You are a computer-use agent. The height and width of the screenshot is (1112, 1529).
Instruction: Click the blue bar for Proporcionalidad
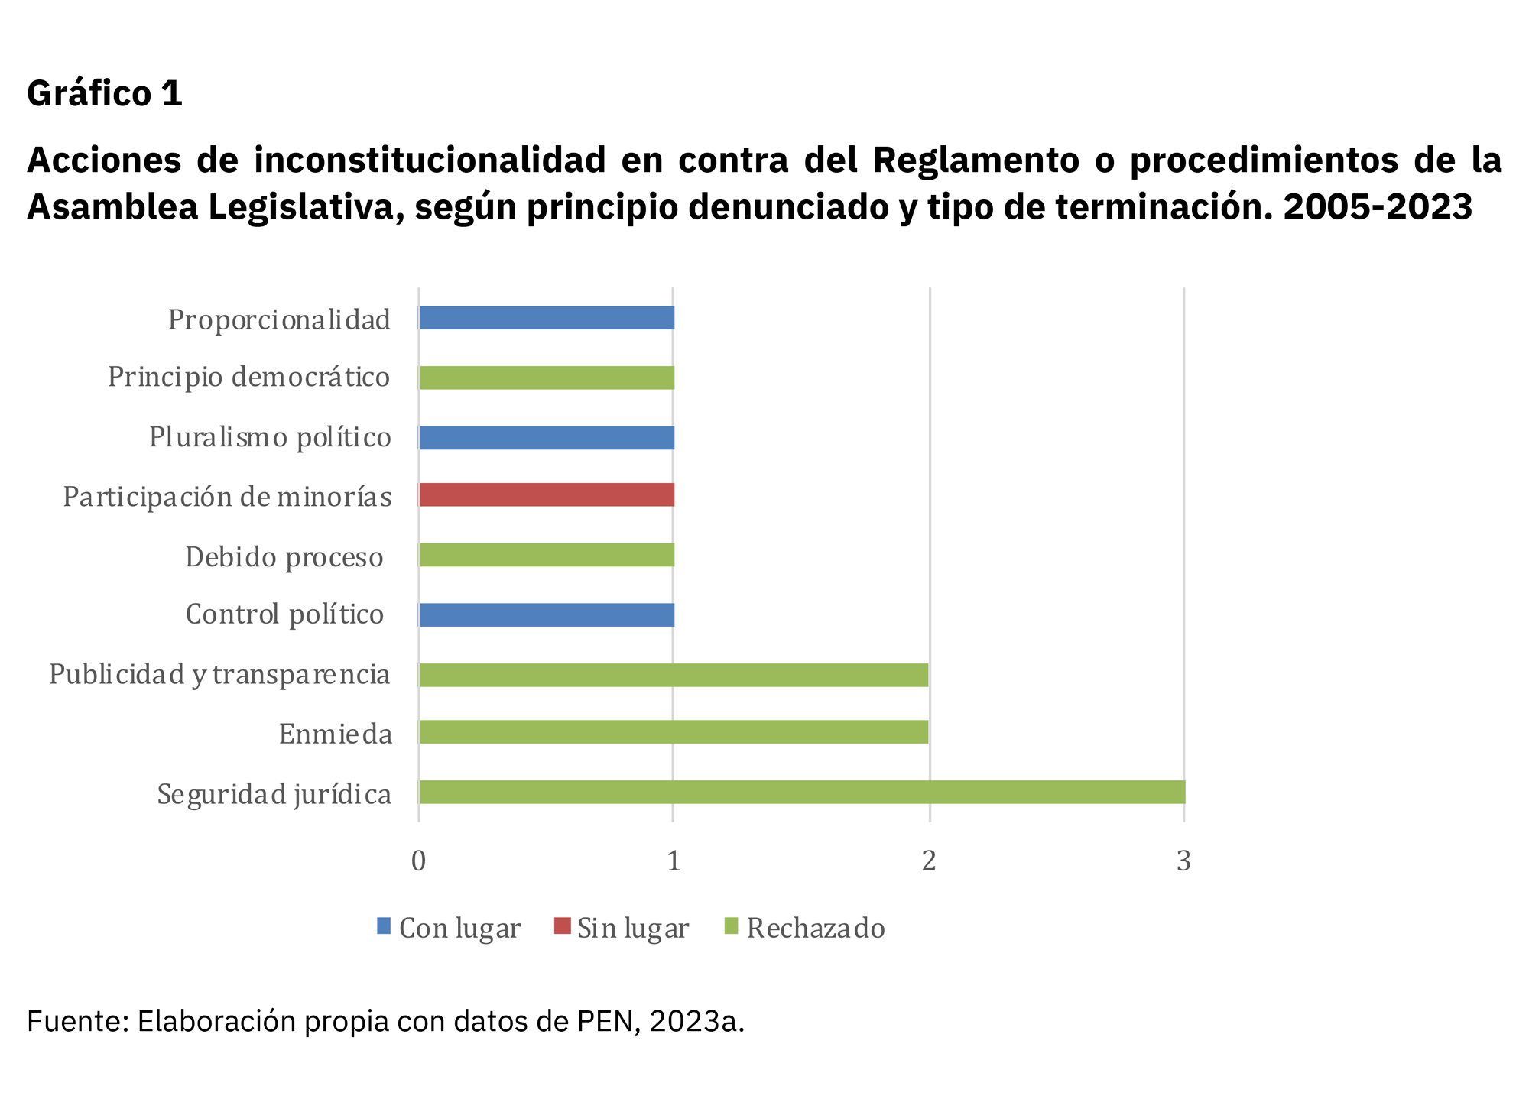pyautogui.click(x=547, y=318)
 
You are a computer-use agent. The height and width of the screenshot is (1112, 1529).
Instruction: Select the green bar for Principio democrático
pyautogui.click(x=547, y=378)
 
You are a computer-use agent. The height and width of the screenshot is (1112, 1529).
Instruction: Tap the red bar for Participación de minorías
pyautogui.click(x=547, y=495)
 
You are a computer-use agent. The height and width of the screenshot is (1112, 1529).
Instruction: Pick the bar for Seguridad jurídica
pyautogui.click(x=801, y=793)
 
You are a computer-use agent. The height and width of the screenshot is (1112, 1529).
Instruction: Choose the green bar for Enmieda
pyautogui.click(x=674, y=732)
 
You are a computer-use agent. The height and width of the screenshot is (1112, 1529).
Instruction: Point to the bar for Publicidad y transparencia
pyautogui.click(x=674, y=675)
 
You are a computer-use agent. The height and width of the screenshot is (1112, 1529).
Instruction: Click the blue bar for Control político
pyautogui.click(x=547, y=614)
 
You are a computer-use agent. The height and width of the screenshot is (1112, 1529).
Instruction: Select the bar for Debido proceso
pyautogui.click(x=547, y=555)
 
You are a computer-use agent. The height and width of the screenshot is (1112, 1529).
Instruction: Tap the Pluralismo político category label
pyautogui.click(x=270, y=437)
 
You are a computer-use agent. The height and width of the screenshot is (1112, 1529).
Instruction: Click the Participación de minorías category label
pyautogui.click(x=227, y=497)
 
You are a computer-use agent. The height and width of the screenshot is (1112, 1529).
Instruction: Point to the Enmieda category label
pyautogui.click(x=336, y=734)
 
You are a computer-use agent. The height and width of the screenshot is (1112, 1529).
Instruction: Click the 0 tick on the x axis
pyautogui.click(x=418, y=861)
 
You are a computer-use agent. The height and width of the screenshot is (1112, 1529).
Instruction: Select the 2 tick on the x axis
pyautogui.click(x=929, y=861)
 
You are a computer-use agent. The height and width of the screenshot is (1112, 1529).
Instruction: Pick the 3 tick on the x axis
pyautogui.click(x=1183, y=861)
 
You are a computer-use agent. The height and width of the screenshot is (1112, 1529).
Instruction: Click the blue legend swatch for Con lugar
pyautogui.click(x=384, y=926)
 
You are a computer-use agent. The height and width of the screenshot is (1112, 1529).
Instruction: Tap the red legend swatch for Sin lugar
pyautogui.click(x=562, y=926)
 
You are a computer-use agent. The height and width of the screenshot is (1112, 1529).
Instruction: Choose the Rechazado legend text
pyautogui.click(x=816, y=928)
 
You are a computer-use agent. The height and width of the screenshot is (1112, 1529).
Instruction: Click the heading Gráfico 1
pyautogui.click(x=105, y=93)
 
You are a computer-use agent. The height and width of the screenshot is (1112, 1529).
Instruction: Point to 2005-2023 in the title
pyautogui.click(x=1378, y=206)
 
